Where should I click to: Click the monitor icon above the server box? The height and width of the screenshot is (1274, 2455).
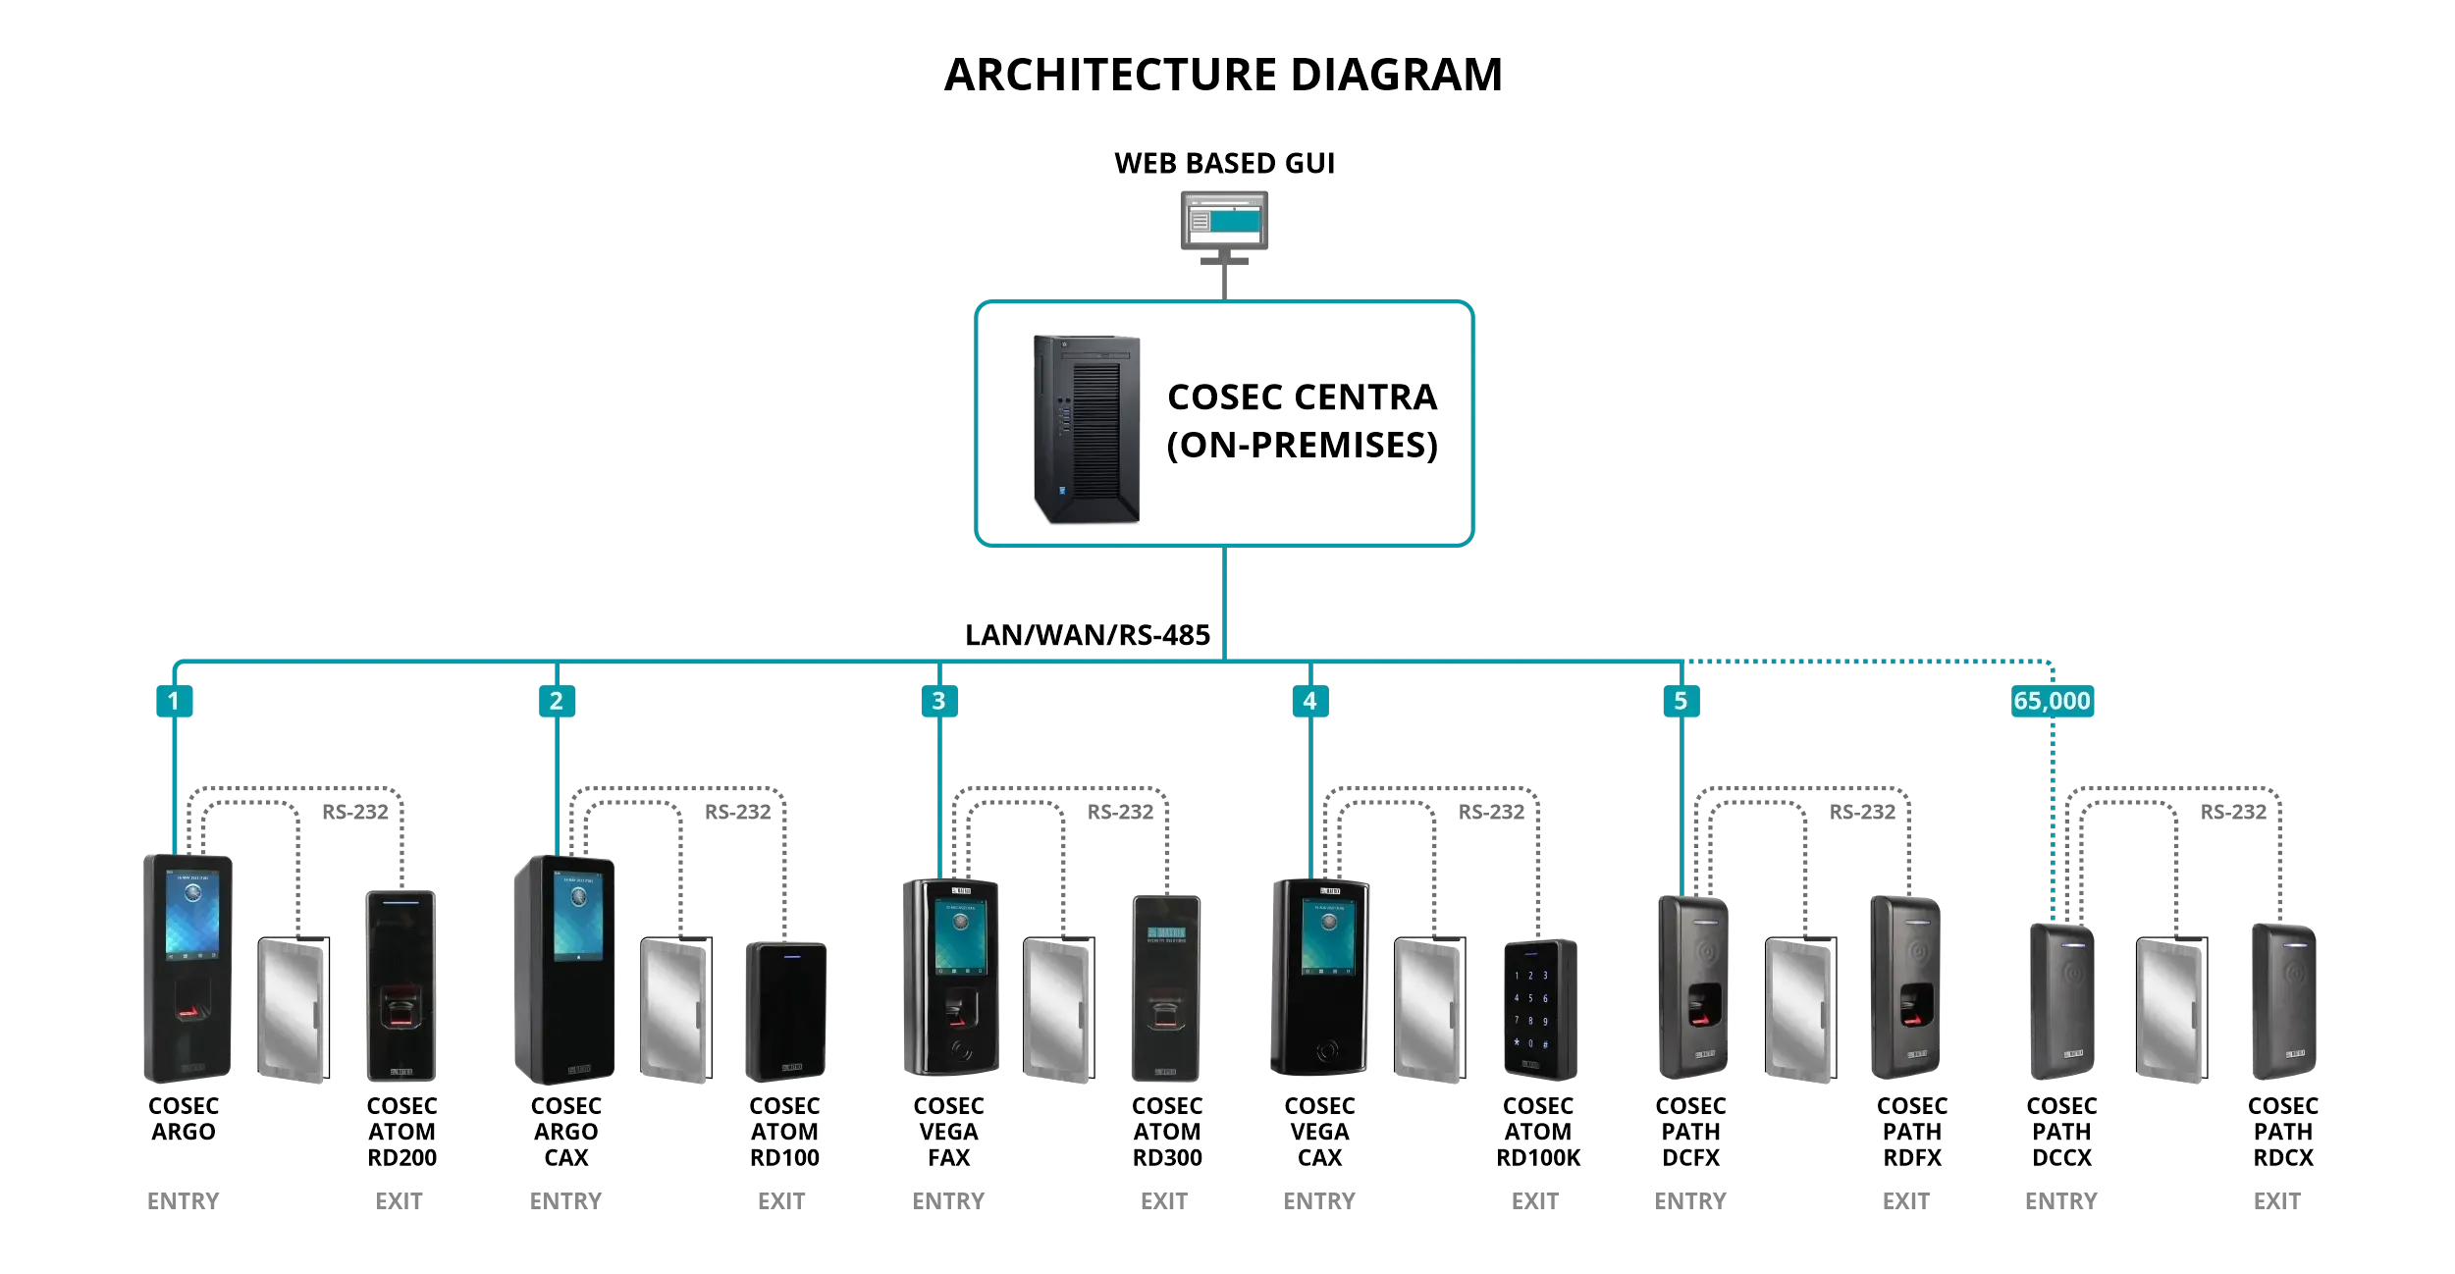pyautogui.click(x=1224, y=221)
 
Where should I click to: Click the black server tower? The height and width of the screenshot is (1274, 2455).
pyautogui.click(x=1087, y=429)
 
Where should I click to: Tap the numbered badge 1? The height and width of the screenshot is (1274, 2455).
pyautogui.click(x=174, y=701)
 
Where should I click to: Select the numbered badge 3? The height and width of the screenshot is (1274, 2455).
pyautogui.click(x=938, y=701)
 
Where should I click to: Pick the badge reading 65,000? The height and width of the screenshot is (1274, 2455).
pyautogui.click(x=2052, y=701)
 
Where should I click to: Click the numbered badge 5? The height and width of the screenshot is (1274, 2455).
pyautogui.click(x=1681, y=701)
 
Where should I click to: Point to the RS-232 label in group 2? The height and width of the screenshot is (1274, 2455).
pyautogui.click(x=737, y=812)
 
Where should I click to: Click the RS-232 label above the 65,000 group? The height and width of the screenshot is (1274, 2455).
pyautogui.click(x=2233, y=812)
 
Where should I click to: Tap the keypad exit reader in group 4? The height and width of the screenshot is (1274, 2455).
pyautogui.click(x=1539, y=1008)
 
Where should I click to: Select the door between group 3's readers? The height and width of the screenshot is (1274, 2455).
pyautogui.click(x=1058, y=1009)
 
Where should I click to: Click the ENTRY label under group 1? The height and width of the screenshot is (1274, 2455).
pyautogui.click(x=184, y=1200)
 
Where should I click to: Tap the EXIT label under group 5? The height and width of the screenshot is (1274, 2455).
pyautogui.click(x=1905, y=1200)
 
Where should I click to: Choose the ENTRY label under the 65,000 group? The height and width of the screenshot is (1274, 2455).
pyautogui.click(x=2060, y=1200)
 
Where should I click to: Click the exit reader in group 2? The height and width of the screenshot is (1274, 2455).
pyautogui.click(x=785, y=1010)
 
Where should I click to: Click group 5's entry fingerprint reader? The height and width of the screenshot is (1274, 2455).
pyautogui.click(x=1693, y=986)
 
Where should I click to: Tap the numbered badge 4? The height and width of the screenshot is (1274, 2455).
pyautogui.click(x=1309, y=701)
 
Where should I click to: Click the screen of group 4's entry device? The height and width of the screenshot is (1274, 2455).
pyautogui.click(x=1327, y=936)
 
